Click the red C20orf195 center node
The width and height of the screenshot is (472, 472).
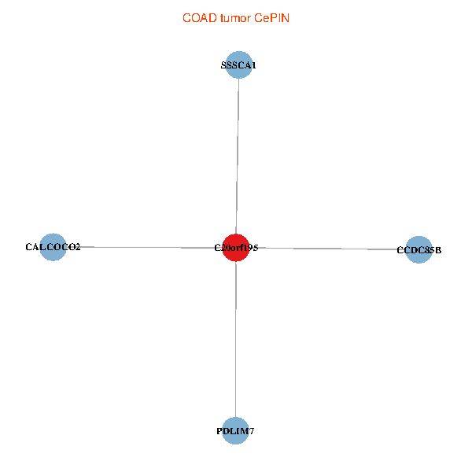pos(236,248)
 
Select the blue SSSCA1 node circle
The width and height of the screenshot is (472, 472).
pos(238,65)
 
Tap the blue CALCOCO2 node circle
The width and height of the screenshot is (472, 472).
pos(53,247)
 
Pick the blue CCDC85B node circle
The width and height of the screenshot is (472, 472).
pos(419,250)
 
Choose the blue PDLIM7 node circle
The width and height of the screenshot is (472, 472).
pos(235,431)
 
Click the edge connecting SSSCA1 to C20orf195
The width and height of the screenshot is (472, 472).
pos(238,157)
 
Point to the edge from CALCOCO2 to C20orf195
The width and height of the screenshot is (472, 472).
pos(145,247)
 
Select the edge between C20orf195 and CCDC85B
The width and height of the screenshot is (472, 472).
pos(327,249)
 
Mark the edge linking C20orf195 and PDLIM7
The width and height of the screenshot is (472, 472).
pos(236,339)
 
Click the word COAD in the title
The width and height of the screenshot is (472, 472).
pos(200,18)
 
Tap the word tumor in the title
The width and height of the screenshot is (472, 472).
pos(235,18)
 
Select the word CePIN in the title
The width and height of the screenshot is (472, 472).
pos(272,18)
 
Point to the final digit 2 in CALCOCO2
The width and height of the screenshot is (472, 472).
pos(78,247)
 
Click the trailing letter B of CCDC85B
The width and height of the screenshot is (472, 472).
pos(438,250)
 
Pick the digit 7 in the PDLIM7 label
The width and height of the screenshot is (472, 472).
pos(251,431)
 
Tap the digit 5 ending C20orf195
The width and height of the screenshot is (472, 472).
pos(255,248)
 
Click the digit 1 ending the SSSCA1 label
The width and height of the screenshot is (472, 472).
pos(254,65)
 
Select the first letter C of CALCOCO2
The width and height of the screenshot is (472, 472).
pos(29,247)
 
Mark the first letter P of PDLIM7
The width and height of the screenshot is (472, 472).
pos(219,431)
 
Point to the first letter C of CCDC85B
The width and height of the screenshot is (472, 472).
pos(400,250)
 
